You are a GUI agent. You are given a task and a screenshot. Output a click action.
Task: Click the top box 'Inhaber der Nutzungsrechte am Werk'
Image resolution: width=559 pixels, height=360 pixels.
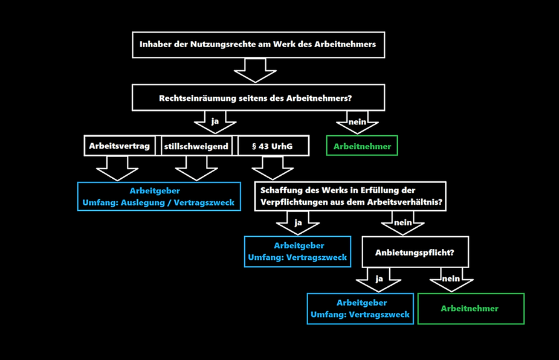[258, 45]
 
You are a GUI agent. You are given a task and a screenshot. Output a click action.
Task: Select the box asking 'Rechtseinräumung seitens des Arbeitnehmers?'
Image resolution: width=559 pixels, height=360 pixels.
[258, 98]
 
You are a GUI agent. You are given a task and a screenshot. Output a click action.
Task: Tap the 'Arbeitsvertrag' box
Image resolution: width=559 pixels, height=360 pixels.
[120, 146]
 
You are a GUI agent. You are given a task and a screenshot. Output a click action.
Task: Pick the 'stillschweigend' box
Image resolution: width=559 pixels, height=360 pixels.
[196, 146]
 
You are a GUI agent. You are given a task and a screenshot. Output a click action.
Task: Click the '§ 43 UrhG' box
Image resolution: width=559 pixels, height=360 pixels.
[272, 146]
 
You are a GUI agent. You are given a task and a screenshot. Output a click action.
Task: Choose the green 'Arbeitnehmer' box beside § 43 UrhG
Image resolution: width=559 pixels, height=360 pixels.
[362, 146]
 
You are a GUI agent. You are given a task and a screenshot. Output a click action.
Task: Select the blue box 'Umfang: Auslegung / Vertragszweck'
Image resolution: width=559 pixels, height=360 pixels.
[159, 196]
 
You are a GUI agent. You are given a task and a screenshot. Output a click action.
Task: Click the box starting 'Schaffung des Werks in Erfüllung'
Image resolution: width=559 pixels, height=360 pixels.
[351, 196]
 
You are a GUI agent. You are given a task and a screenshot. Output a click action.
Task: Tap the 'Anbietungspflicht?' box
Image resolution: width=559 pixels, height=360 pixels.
[415, 252]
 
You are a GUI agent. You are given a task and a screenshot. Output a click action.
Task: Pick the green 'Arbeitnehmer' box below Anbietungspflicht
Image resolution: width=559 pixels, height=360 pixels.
[470, 309]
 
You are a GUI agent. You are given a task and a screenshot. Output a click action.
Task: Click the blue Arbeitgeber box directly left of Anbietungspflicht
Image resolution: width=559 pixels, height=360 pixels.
[297, 251]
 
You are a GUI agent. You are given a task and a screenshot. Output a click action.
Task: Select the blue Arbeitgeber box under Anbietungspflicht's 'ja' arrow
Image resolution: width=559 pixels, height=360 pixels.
[360, 309]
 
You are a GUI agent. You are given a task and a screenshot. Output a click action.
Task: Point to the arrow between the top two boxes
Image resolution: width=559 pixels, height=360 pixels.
[255, 70]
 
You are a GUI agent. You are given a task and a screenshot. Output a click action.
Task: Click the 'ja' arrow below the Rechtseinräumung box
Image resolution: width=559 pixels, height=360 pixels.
[215, 123]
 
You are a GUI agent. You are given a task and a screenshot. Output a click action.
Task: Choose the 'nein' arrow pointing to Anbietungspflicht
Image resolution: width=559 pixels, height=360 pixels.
[402, 225]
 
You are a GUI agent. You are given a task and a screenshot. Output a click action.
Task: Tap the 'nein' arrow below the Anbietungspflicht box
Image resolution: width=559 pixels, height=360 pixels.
[451, 281]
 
